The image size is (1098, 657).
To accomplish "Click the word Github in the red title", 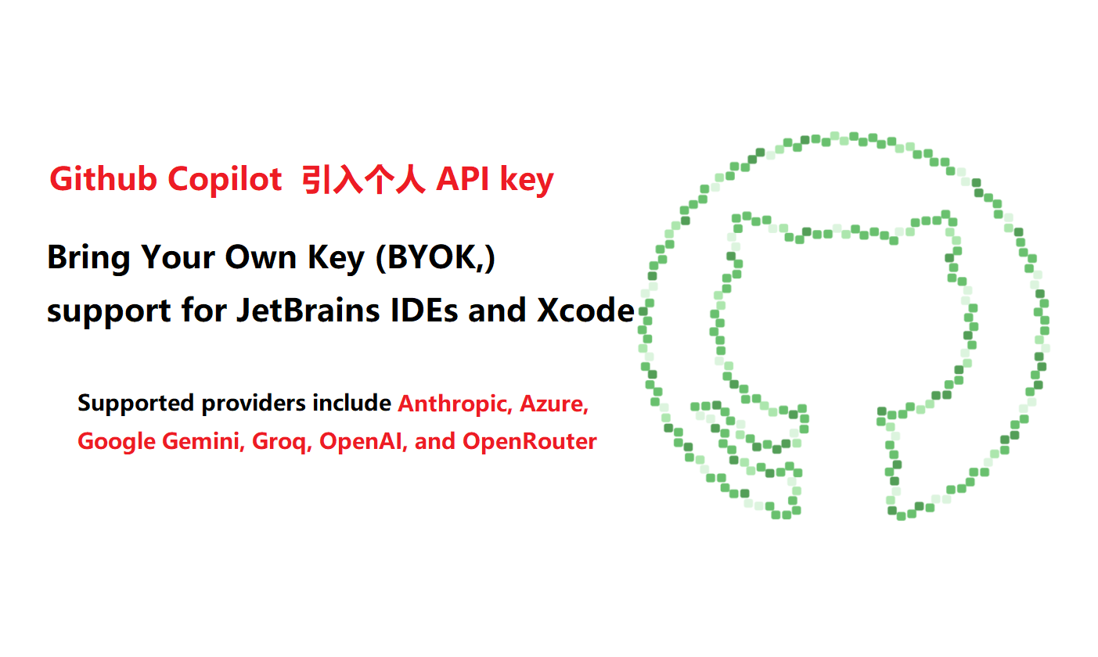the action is point(103,179).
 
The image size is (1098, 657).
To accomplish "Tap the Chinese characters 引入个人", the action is point(363,180).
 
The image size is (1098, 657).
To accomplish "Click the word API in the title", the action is point(463,179).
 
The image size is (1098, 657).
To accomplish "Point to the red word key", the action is point(527,181).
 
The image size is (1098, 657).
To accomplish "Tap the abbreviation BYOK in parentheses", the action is point(432,257).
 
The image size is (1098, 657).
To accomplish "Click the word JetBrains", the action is point(308,311).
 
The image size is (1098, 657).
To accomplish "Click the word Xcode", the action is point(585,311).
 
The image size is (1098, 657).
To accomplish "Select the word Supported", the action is point(136,404).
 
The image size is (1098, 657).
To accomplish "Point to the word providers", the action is point(254,404).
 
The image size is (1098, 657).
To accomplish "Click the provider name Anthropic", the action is point(455,404).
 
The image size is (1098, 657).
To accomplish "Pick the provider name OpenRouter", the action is point(529,441).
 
